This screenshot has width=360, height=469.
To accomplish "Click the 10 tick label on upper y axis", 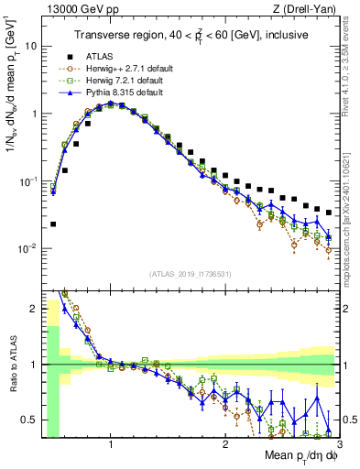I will coord(29,45).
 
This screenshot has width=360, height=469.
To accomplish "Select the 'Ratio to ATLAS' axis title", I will coord(12,364).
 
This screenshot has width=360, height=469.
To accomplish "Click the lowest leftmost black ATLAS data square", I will coord(53,224).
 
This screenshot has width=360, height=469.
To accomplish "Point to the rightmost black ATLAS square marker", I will coord(329,213).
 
